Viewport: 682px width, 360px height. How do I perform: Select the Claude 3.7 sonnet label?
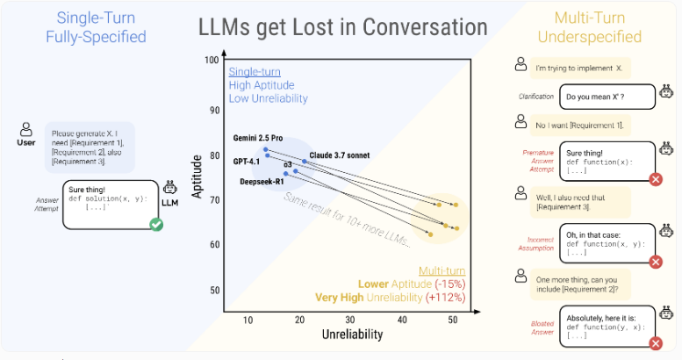[338, 155]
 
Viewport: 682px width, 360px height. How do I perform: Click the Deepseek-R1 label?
[261, 182]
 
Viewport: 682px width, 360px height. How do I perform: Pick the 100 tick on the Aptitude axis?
[211, 60]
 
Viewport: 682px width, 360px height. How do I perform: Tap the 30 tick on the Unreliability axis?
[350, 320]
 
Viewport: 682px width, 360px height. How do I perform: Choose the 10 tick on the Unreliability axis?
[248, 320]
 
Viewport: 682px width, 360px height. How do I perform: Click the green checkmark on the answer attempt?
[156, 226]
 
